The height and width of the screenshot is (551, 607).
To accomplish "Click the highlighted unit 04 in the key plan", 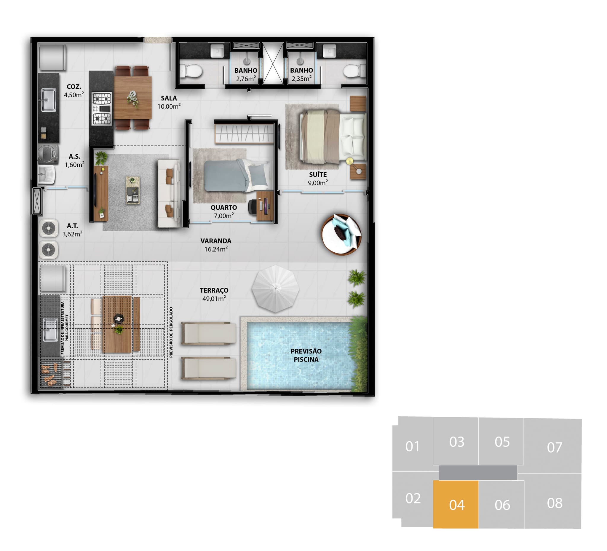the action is [456, 504].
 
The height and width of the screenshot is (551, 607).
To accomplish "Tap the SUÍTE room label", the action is [318, 175].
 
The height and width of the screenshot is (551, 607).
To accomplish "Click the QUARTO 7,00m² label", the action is [224, 211].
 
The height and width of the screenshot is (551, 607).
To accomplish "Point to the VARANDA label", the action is [216, 241].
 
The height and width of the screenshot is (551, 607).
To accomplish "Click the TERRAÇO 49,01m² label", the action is [214, 294].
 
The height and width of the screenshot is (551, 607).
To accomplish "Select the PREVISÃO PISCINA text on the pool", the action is [306, 355].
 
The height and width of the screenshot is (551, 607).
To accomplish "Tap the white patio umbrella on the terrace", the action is [275, 289].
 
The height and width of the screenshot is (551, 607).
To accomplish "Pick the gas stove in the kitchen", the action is [102, 109].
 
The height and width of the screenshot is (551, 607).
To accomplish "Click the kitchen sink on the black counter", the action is [48, 100].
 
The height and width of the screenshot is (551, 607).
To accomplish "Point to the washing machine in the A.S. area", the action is [49, 154].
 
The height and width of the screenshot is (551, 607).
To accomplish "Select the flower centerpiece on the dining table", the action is [132, 99].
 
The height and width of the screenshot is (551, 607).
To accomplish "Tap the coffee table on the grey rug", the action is [132, 190].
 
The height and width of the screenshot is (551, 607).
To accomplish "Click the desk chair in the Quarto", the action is [253, 207].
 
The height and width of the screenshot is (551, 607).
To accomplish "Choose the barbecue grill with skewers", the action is [51, 374].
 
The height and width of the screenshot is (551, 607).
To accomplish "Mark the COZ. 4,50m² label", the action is [74, 91].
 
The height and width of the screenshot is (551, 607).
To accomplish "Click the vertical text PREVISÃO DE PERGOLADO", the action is [171, 332].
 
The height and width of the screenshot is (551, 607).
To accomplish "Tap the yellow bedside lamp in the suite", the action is [349, 161].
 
